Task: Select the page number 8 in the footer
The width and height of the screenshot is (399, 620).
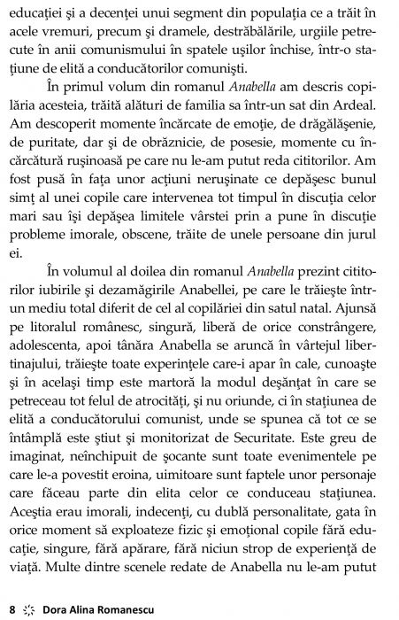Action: pyautogui.click(x=12, y=608)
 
